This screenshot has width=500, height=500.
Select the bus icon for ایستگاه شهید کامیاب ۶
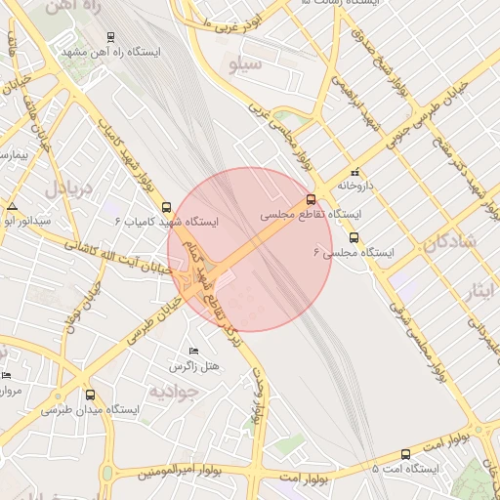pyautogui.click(x=166, y=207)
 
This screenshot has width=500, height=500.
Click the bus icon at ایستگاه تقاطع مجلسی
pyautogui.click(x=312, y=199)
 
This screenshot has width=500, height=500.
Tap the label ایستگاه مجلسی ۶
pyautogui.click(x=354, y=252)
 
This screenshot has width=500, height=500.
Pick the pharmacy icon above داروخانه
pyautogui.click(x=354, y=171)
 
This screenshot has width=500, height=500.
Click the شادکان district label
pyautogui.click(x=451, y=241)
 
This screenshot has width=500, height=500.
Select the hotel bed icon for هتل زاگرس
pyautogui.click(x=193, y=351)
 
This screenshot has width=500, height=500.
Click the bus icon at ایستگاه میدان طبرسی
pyautogui.click(x=91, y=396)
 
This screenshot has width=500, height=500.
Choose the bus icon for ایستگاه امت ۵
pyautogui.click(x=405, y=454)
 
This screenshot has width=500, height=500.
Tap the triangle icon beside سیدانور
pyautogui.click(x=12, y=207)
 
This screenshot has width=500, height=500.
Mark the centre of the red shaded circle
pyautogui.click(x=250, y=249)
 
